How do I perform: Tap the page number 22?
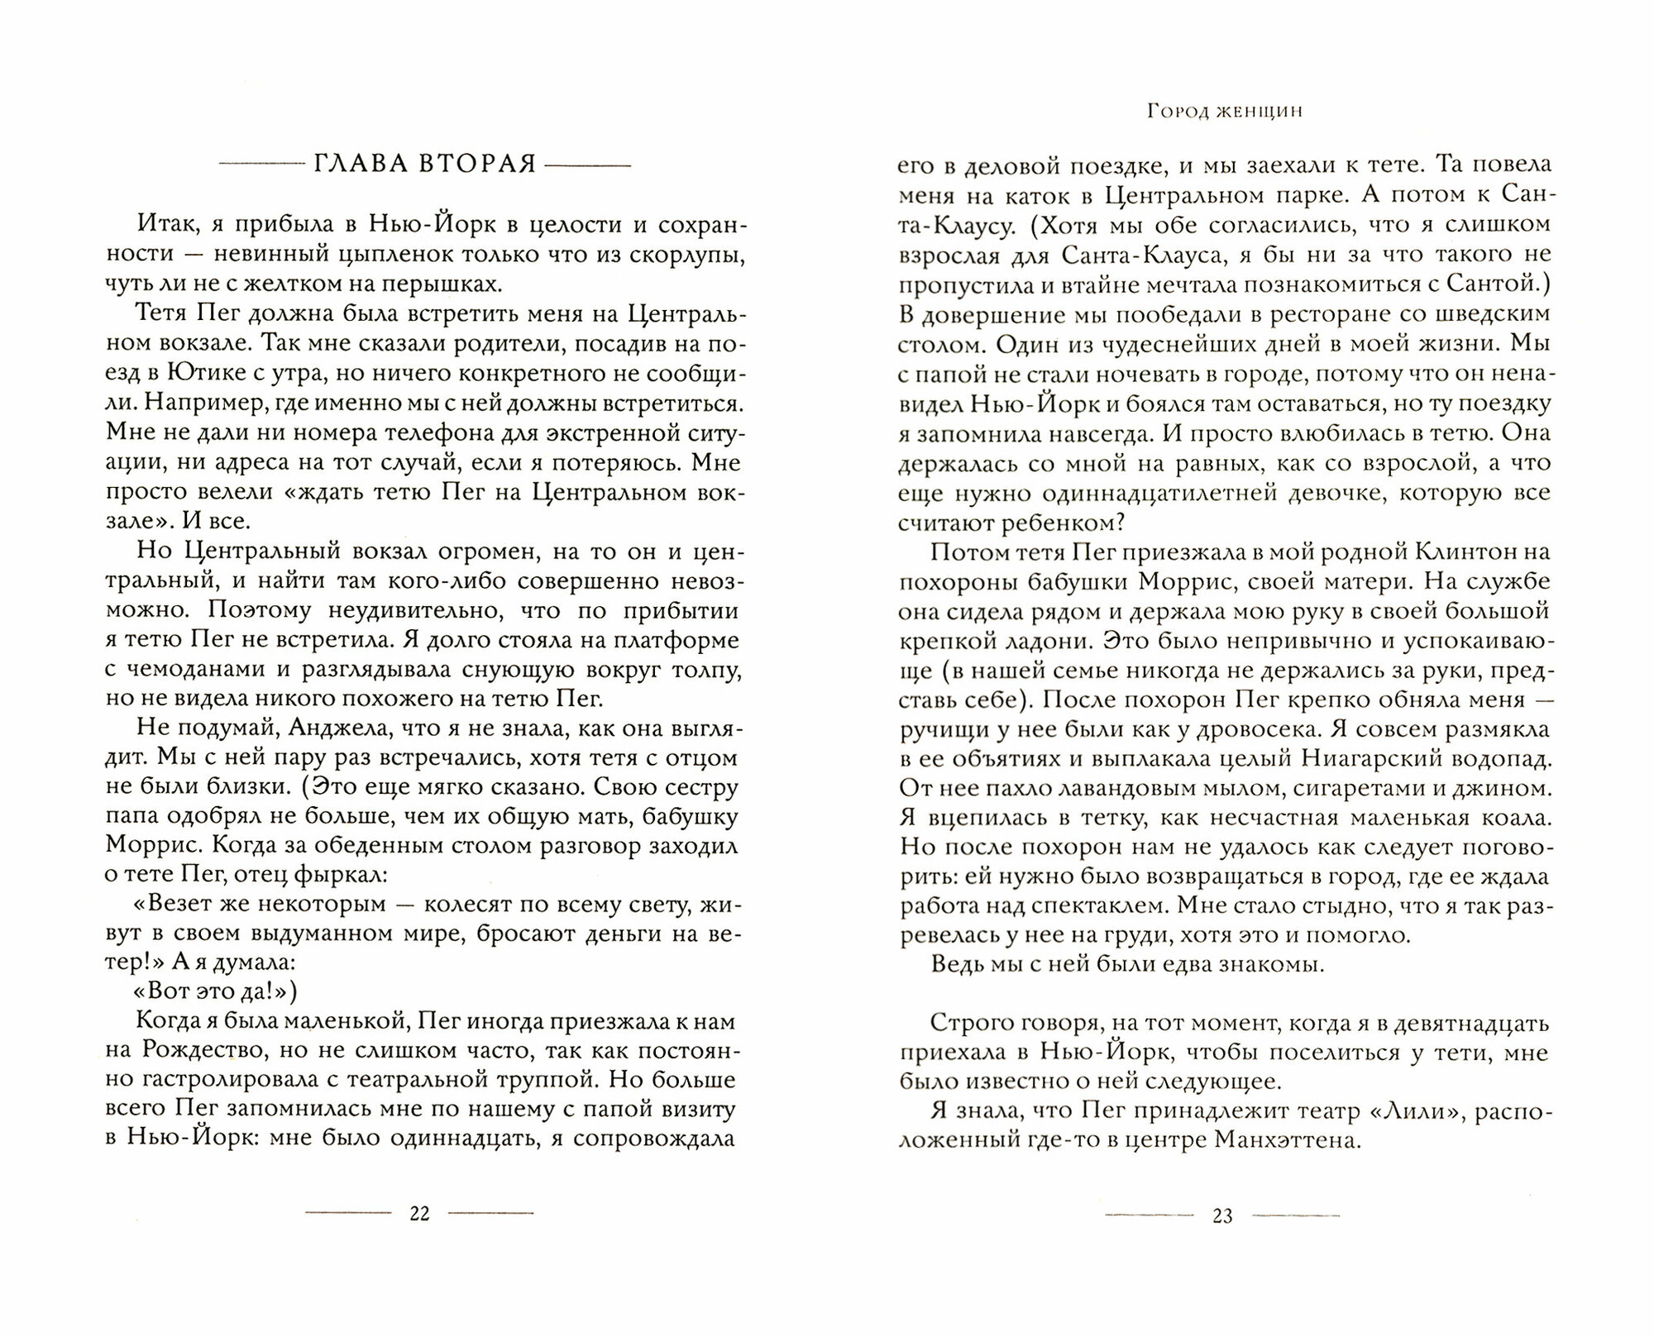pos(420,1214)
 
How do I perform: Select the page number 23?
pos(1222,1215)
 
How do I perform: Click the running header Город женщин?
pos(1224,112)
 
